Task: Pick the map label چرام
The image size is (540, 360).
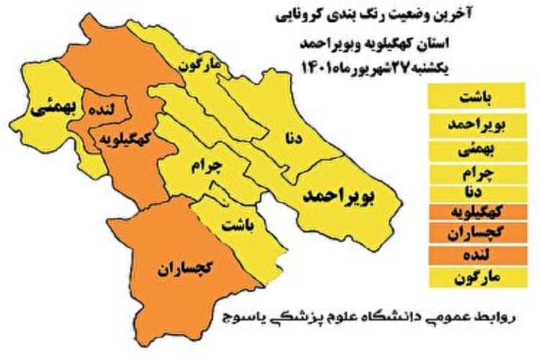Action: click(208, 168)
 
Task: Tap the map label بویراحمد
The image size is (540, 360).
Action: click(340, 195)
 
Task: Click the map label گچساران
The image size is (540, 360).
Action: click(184, 271)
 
